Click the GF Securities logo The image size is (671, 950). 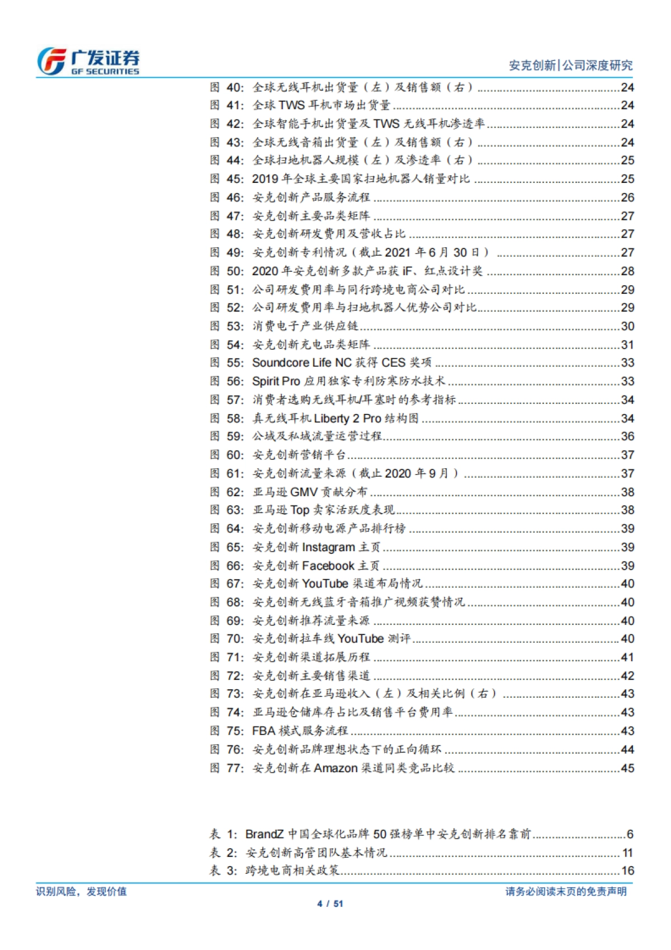click(88, 61)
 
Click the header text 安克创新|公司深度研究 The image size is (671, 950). click(570, 65)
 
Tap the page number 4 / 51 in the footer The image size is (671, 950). click(330, 904)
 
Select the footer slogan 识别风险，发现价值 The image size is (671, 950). click(82, 891)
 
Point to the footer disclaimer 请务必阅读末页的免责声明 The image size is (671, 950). click(566, 891)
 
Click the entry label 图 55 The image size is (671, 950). click(227, 363)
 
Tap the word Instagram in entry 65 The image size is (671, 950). click(328, 547)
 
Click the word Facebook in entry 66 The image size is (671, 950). click(328, 566)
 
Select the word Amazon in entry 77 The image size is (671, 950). click(335, 768)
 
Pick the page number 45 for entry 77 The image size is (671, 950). click(627, 768)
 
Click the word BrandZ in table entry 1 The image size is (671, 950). click(264, 834)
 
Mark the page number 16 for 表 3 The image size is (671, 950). click(627, 871)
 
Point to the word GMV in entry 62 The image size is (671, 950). click(304, 492)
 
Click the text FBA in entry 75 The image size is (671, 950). click(264, 731)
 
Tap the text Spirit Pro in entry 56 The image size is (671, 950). click(276, 381)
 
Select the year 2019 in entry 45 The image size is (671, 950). click(265, 179)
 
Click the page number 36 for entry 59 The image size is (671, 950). click(627, 436)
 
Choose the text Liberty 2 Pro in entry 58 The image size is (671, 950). click(347, 418)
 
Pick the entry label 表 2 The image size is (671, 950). click(223, 853)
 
